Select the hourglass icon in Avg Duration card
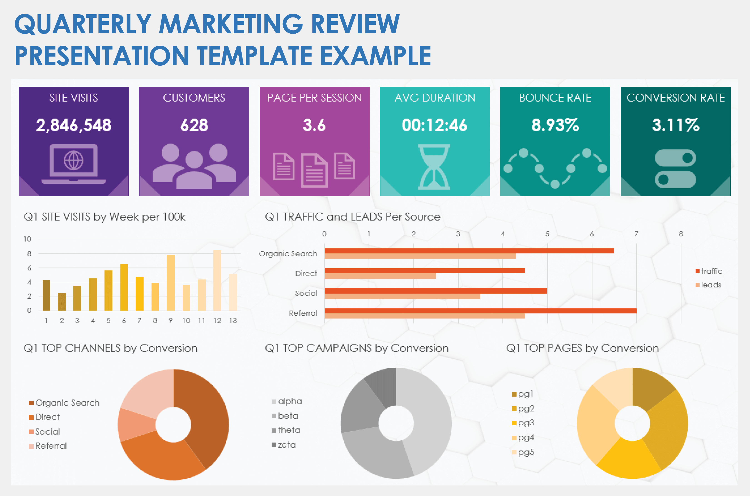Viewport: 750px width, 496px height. tap(434, 167)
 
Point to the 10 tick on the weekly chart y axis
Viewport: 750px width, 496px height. tap(27, 239)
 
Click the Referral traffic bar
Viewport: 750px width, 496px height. tap(480, 311)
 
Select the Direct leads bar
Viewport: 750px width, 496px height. tap(380, 276)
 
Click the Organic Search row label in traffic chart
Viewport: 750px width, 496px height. tap(288, 254)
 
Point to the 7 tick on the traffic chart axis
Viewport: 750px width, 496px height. tap(636, 234)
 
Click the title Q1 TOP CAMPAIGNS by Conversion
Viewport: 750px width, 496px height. tap(357, 348)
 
